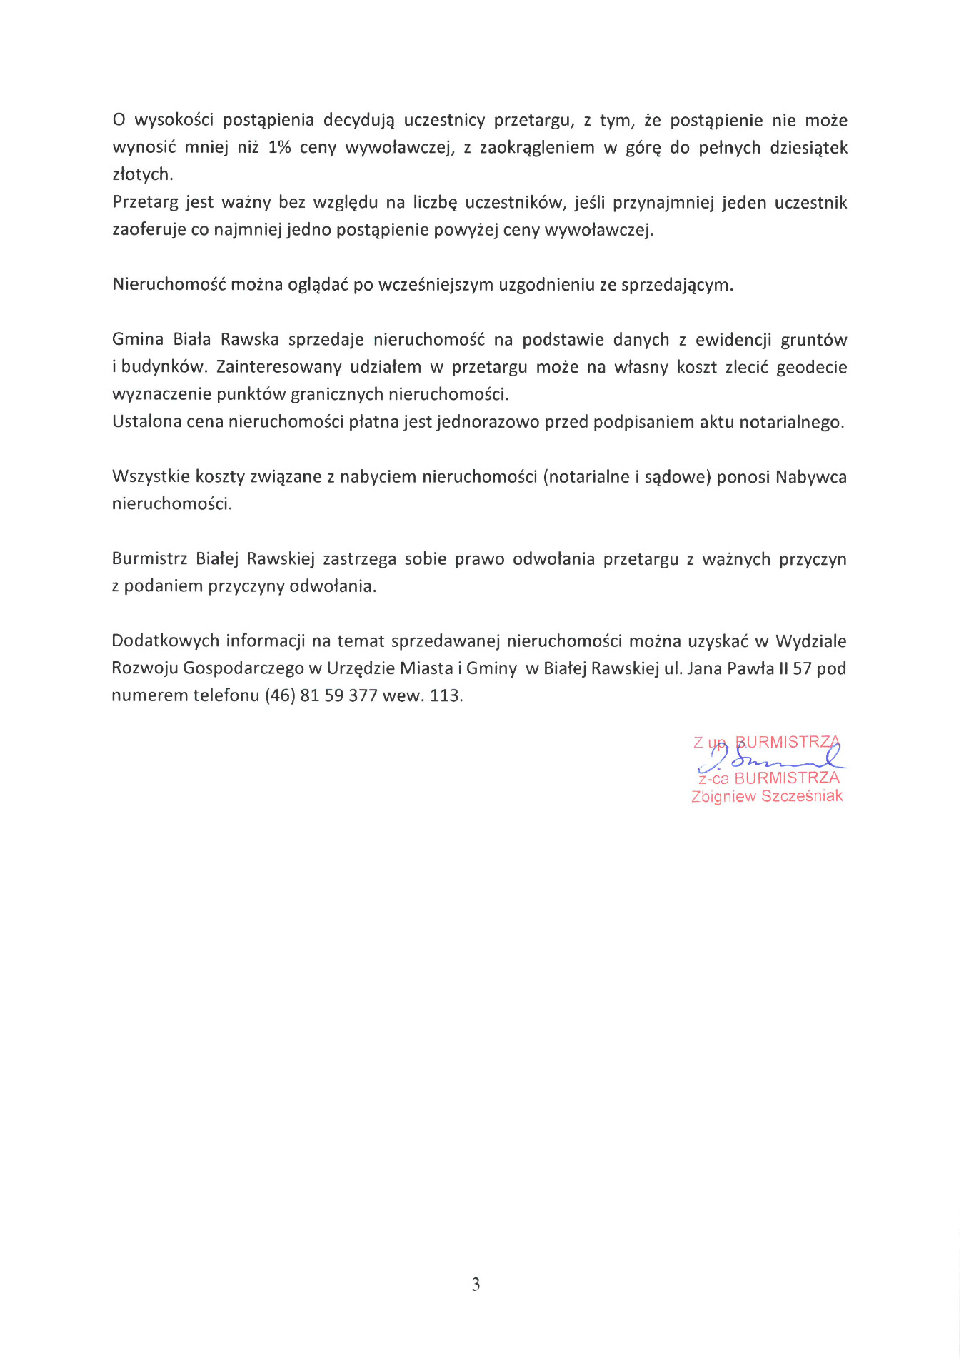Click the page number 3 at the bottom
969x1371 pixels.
[476, 1285]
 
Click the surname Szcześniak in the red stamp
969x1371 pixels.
[802, 796]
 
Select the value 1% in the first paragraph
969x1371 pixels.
[279, 148]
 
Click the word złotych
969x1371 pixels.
[141, 174]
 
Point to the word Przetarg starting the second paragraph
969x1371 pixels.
[144, 203]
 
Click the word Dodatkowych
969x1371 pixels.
[165, 641]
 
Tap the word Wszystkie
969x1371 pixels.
[151, 476]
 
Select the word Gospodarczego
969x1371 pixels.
[243, 668]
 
